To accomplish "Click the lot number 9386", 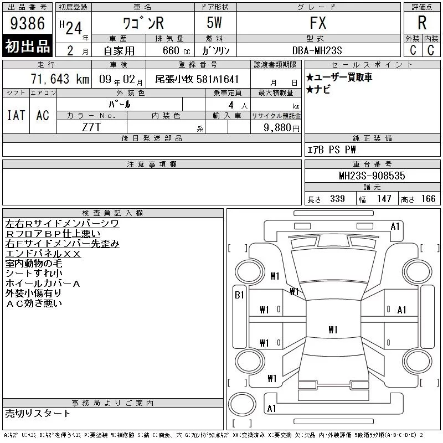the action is click(x=28, y=23).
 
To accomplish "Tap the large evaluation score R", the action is click(x=422, y=23).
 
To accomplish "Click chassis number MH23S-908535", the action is click(x=372, y=176).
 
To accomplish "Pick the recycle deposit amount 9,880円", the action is click(x=282, y=128).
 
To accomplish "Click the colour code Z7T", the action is click(x=91, y=128).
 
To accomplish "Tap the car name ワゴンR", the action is click(x=143, y=23).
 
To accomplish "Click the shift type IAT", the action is click(x=16, y=115).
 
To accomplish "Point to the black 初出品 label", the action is click(x=28, y=46).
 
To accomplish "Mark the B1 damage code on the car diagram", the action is click(x=239, y=295).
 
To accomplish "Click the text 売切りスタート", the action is click(x=38, y=413).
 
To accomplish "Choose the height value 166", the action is click(x=428, y=199).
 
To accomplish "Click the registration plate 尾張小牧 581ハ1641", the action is click(x=197, y=79).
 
